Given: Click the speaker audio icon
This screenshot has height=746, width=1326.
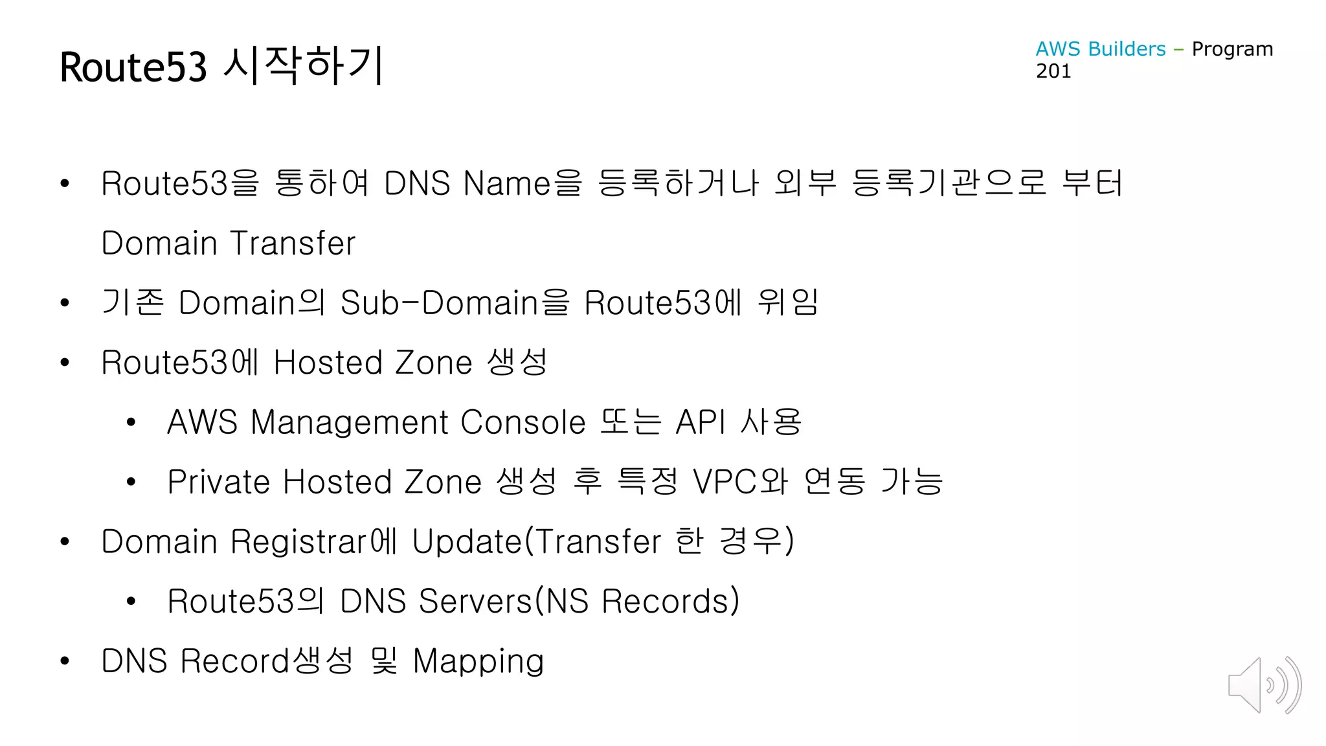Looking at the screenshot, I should click(1264, 685).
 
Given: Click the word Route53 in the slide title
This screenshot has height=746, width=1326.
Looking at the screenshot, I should click(133, 67).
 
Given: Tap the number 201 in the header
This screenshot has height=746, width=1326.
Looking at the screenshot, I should click(1053, 71).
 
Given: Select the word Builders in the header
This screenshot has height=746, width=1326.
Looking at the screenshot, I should click(1127, 49).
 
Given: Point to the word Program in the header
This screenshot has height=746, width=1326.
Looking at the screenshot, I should click(1232, 49).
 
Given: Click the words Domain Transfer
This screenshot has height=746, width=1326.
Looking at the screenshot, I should click(229, 243).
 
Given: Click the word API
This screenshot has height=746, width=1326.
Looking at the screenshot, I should click(700, 422).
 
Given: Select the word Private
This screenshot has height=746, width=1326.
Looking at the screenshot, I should click(218, 482).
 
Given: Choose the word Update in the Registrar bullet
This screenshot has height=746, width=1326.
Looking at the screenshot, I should click(466, 541).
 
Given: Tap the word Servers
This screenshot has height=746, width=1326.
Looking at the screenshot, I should click(475, 601).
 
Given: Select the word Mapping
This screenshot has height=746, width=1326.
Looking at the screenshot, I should click(478, 662).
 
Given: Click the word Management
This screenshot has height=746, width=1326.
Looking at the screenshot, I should click(350, 422).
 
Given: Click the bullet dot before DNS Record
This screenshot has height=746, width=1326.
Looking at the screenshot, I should click(64, 661).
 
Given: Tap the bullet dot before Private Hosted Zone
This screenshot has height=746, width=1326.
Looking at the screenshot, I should click(131, 482).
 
